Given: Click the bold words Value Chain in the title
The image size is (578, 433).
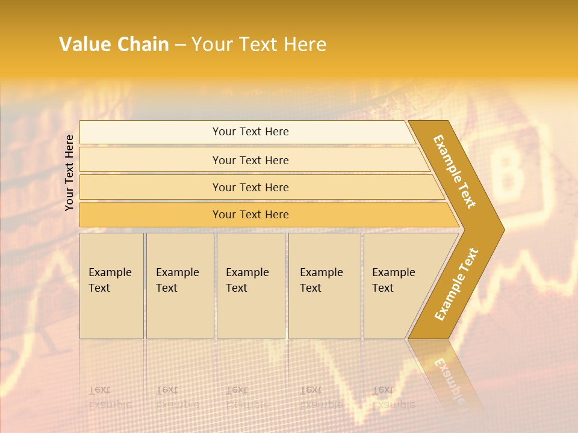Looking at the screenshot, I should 114,45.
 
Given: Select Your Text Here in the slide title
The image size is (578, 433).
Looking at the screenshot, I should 259,45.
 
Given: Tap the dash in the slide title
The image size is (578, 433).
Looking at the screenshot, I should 180,45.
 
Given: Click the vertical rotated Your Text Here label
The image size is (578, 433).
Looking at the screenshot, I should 69,173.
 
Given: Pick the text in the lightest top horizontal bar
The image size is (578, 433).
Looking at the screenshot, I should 250,132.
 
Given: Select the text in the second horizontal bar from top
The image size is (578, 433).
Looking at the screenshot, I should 250,160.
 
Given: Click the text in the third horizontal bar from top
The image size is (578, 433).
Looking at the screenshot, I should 250,187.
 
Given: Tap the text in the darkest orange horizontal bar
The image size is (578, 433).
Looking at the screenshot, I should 250,214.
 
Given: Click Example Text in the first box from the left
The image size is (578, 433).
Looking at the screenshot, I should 110,280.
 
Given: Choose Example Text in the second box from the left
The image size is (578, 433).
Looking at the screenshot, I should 177,280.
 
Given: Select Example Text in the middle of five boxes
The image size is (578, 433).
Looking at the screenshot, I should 247,280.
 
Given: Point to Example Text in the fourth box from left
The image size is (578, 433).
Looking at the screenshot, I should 321,280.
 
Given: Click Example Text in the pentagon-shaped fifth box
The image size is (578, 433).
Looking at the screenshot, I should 393,280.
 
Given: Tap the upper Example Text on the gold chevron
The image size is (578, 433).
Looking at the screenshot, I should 455,171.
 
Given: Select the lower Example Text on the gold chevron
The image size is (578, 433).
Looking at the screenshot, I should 456,284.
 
